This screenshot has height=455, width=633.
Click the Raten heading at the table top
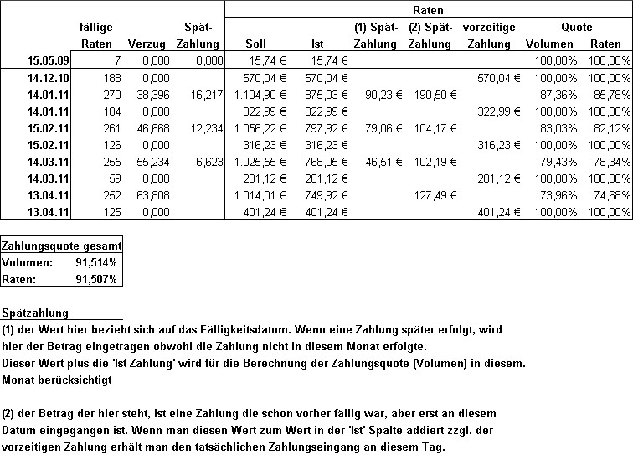pyautogui.click(x=428, y=10)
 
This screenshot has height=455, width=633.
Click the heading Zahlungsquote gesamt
pyautogui.click(x=62, y=246)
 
